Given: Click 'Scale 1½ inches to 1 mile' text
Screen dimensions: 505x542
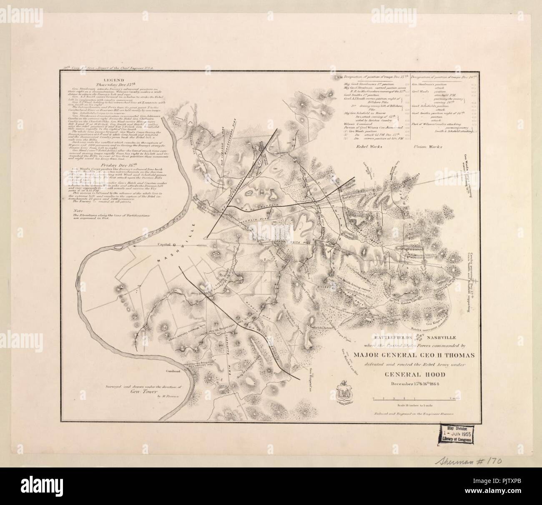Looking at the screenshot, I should point(412,405).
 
